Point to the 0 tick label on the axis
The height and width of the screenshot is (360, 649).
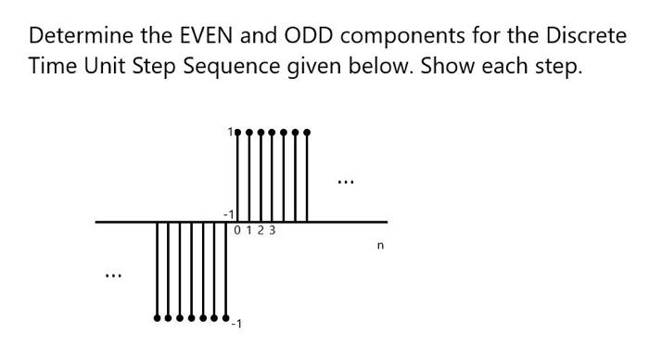[x=239, y=230]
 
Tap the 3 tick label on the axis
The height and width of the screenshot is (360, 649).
[x=273, y=230]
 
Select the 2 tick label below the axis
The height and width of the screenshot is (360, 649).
[x=261, y=230]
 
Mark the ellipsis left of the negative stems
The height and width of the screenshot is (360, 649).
[x=112, y=275]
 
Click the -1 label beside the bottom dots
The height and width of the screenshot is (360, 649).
[x=236, y=324]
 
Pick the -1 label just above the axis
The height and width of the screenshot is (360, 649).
[x=228, y=214]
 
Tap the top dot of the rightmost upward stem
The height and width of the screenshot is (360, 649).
[x=307, y=133]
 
